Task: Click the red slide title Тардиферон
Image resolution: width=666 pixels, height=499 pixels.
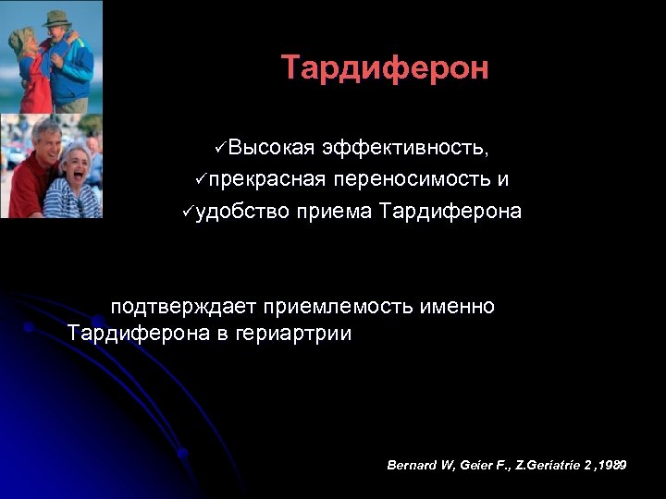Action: tap(385, 67)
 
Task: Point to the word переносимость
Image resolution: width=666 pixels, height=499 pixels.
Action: tap(413, 179)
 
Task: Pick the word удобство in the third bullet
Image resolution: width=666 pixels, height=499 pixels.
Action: tap(245, 212)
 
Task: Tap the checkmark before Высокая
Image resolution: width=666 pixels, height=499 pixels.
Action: tap(219, 148)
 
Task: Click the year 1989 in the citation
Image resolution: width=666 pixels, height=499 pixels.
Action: tap(612, 465)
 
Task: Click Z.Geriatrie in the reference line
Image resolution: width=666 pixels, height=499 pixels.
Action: tap(540, 465)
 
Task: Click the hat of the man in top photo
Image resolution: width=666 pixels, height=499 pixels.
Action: tap(57, 18)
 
